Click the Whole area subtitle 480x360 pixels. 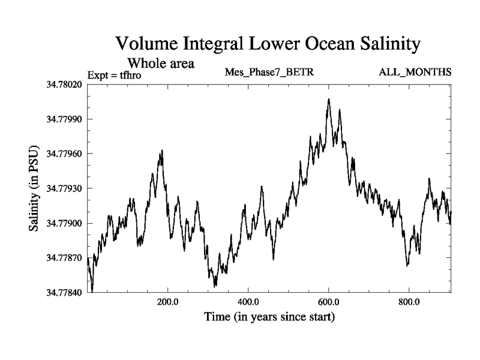click(x=160, y=62)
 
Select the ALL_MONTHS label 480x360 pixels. click(x=415, y=73)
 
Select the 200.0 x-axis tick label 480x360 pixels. click(x=168, y=302)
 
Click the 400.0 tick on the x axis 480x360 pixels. click(x=248, y=302)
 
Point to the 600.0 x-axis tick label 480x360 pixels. click(x=329, y=302)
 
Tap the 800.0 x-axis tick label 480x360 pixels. click(x=409, y=302)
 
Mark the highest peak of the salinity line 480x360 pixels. click(x=329, y=99)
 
